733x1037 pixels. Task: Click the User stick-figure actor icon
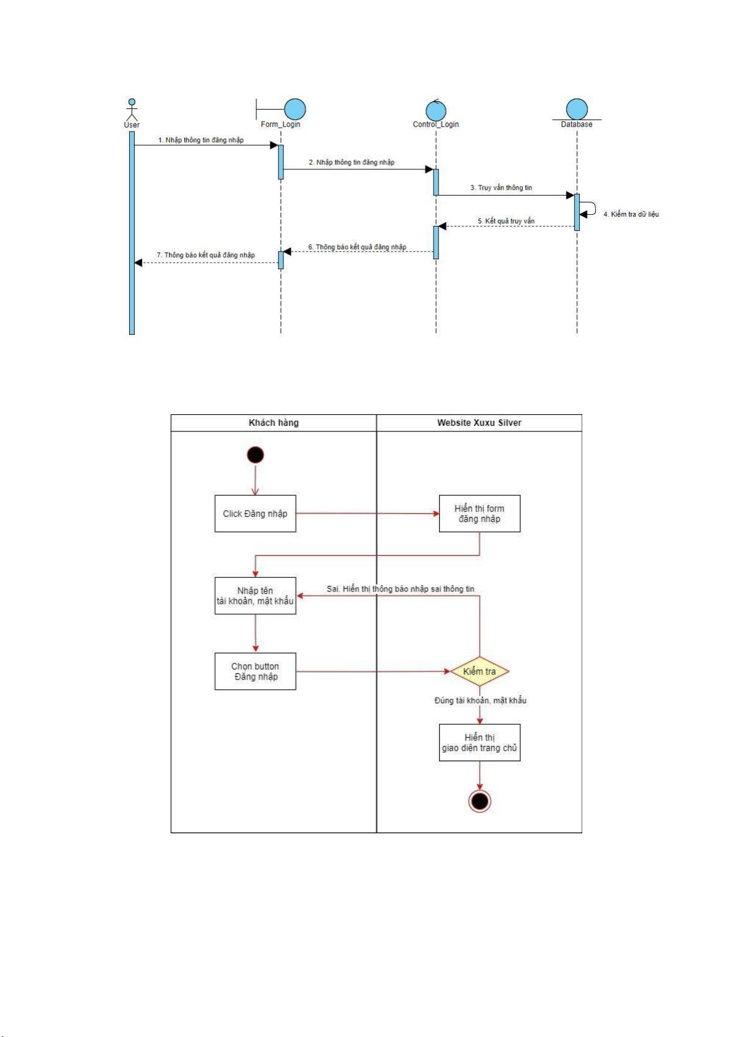click(132, 110)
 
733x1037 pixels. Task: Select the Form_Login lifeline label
click(280, 124)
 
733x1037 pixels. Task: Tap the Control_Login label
click(435, 124)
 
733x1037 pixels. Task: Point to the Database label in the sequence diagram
click(576, 124)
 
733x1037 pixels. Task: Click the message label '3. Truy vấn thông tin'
click(501, 188)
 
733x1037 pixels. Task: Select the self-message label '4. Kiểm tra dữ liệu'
click(631, 214)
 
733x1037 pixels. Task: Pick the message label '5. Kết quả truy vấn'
click(506, 221)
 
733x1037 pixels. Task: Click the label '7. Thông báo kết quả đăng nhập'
click(205, 255)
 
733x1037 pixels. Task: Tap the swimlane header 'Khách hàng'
click(274, 423)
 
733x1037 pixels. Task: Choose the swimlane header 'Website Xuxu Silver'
click(479, 423)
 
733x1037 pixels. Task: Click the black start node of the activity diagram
click(255, 455)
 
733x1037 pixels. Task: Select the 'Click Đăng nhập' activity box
click(255, 514)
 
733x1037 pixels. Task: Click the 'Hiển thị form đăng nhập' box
click(480, 514)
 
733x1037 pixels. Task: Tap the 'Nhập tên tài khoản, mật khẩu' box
click(255, 596)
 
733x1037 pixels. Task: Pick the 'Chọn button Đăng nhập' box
click(255, 671)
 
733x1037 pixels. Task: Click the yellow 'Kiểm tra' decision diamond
click(480, 671)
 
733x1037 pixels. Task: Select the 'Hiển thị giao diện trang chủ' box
click(480, 743)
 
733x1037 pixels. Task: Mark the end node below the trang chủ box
click(480, 801)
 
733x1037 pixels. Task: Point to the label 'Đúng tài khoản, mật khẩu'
click(480, 700)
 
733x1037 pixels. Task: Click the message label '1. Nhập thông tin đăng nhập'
click(201, 140)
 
